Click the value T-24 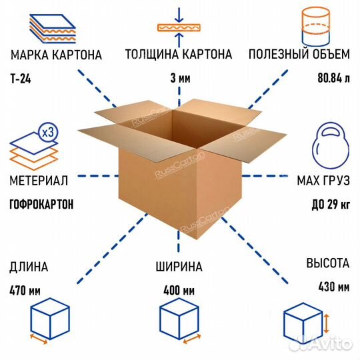(x=21, y=79)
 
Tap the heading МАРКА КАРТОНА (x=56, y=54)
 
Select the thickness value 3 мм (x=181, y=79)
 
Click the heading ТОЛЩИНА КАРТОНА (x=181, y=54)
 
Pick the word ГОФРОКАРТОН (x=42, y=205)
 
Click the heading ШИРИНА (x=179, y=267)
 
